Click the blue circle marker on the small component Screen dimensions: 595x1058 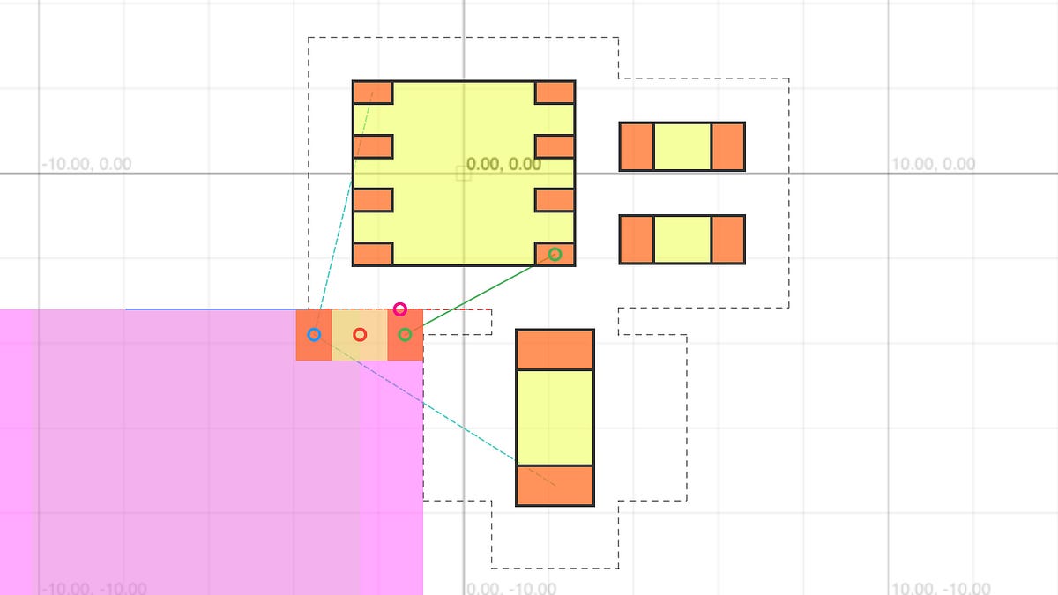314,335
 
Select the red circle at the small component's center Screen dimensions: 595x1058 360,335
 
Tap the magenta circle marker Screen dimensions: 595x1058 400,309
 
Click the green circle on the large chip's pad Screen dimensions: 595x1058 555,255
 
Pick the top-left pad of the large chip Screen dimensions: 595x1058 372,93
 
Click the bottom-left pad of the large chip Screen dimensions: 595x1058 372,255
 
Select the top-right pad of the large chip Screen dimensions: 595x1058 555,93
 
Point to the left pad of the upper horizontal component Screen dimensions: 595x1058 637,146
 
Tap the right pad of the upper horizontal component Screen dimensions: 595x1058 728,146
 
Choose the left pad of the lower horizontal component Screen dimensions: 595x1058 637,239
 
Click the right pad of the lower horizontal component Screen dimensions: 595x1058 728,239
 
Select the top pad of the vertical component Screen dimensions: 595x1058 555,350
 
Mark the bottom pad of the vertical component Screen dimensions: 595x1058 555,486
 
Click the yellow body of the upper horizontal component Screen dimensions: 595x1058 682,146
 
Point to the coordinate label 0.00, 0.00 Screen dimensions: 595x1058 504,164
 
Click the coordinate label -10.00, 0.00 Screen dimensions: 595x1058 86,164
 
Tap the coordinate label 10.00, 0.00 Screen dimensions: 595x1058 934,164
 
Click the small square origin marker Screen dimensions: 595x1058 464,174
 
